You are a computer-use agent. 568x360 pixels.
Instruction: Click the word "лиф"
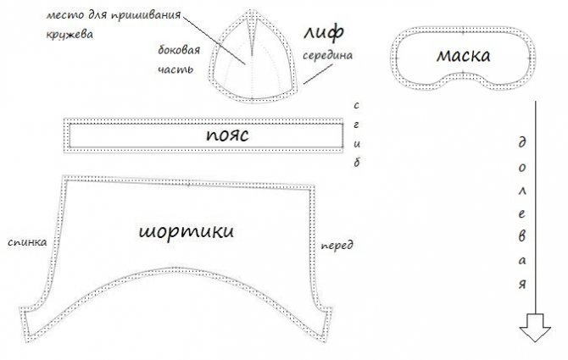[323, 32]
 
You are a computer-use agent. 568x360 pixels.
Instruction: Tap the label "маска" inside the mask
[464, 55]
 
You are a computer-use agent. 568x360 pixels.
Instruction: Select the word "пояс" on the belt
[227, 135]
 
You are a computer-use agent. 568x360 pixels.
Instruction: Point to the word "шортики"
[187, 231]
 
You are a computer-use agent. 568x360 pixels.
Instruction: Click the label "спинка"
[27, 242]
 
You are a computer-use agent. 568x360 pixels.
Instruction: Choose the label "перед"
[337, 246]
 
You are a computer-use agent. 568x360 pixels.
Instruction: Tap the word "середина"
[327, 55]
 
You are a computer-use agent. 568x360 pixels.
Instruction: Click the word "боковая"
[179, 50]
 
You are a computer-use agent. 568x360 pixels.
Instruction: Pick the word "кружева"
[70, 35]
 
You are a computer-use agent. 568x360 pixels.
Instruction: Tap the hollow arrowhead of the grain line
[535, 328]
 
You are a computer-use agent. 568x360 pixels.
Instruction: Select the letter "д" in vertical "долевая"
[521, 142]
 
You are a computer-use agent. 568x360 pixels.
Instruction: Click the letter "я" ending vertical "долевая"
[521, 284]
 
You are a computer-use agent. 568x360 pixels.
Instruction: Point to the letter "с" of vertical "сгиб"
[356, 106]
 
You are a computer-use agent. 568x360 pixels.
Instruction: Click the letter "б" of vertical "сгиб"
[357, 163]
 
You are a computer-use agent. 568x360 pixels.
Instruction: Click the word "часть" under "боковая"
[175, 69]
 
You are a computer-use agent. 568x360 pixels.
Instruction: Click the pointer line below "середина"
[318, 75]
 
